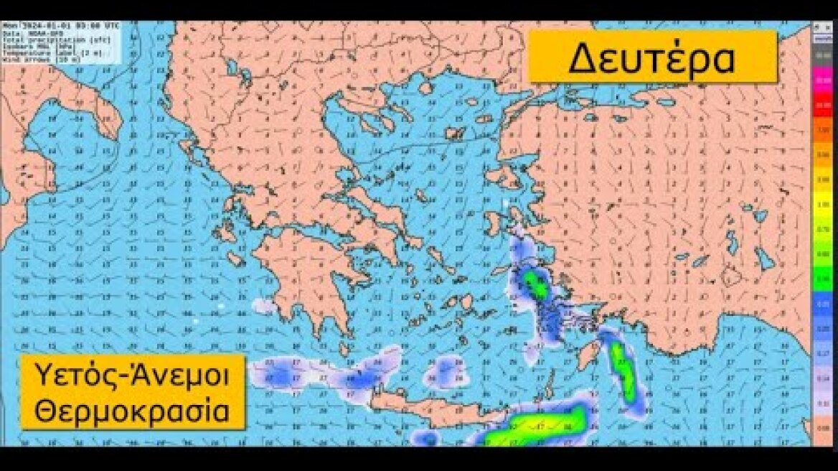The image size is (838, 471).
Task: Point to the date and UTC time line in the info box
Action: point(62,26)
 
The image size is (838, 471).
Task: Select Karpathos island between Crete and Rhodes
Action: point(550,391)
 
